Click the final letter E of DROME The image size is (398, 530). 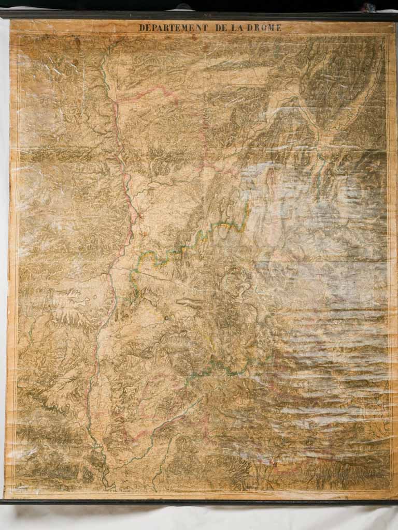pos(279,28)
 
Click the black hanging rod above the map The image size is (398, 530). pos(199,15)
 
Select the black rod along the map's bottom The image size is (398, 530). pos(199,502)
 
